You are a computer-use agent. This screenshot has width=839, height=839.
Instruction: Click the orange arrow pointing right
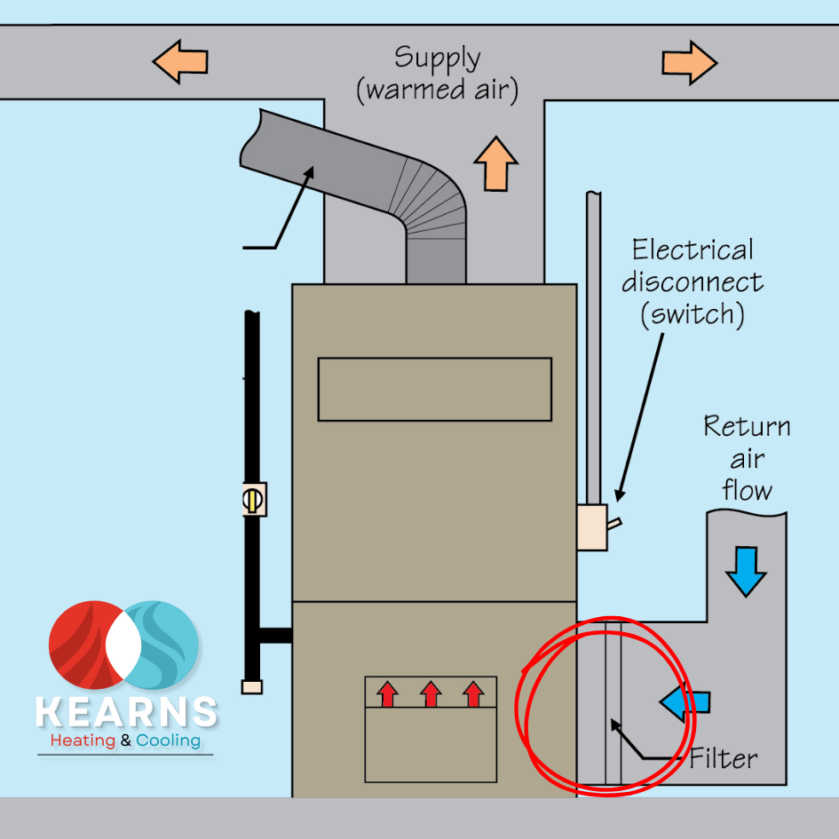[x=689, y=62]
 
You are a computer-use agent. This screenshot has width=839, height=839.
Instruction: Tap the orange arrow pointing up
[x=495, y=162]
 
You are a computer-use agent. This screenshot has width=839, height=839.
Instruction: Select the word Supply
[x=438, y=59]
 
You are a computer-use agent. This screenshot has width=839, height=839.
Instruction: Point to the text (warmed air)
[x=437, y=91]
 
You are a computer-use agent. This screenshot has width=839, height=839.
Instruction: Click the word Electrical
[x=693, y=249]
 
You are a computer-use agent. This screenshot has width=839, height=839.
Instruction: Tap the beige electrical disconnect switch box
[x=592, y=527]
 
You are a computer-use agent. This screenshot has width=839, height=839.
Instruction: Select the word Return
[x=747, y=427]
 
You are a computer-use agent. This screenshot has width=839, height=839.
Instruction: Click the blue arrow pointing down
[x=744, y=571]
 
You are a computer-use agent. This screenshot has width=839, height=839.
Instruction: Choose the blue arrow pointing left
[x=685, y=701]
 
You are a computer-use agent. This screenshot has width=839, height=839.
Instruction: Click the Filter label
[x=724, y=759]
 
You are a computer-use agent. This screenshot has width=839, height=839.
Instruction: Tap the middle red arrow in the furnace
[x=431, y=693]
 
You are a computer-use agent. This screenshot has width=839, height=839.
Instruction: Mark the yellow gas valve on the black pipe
[x=252, y=499]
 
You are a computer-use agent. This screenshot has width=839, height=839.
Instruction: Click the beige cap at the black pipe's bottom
[x=252, y=686]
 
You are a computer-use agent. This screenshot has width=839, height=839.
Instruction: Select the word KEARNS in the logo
[x=126, y=712]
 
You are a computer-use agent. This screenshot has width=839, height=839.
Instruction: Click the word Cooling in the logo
[x=168, y=740]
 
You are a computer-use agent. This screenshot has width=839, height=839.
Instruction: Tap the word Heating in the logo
[x=83, y=740]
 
